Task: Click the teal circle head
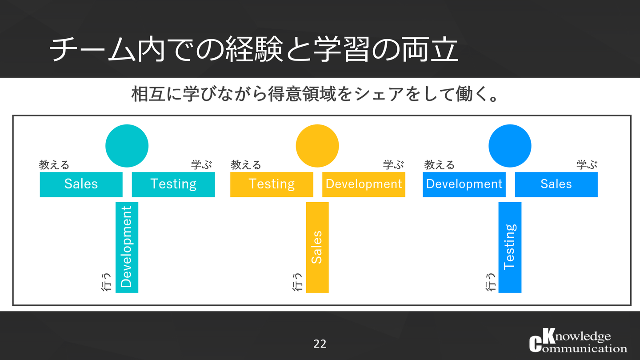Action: pyautogui.click(x=127, y=146)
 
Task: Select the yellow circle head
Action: pyautogui.click(x=317, y=146)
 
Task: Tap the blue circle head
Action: pyautogui.click(x=510, y=146)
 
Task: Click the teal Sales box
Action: pyautogui.click(x=81, y=184)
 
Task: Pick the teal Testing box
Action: pyautogui.click(x=173, y=184)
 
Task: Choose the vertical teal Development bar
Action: pyautogui.click(x=127, y=247)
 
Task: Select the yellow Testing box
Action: pyautogui.click(x=272, y=184)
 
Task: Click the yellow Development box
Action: pyautogui.click(x=364, y=184)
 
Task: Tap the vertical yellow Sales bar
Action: pyautogui.click(x=317, y=247)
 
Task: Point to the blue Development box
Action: pyautogui.click(x=464, y=184)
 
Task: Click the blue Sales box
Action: pyautogui.click(x=556, y=184)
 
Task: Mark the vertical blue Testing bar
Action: pyautogui.click(x=510, y=247)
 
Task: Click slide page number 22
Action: pyautogui.click(x=320, y=344)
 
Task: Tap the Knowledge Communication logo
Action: pyautogui.click(x=578, y=342)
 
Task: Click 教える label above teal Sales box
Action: pyautogui.click(x=54, y=165)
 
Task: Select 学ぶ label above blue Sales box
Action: pyautogui.click(x=587, y=165)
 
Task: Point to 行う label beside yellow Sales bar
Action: pyautogui.click(x=298, y=281)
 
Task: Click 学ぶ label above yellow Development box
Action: pyautogui.click(x=394, y=165)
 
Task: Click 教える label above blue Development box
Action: pyautogui.click(x=440, y=165)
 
